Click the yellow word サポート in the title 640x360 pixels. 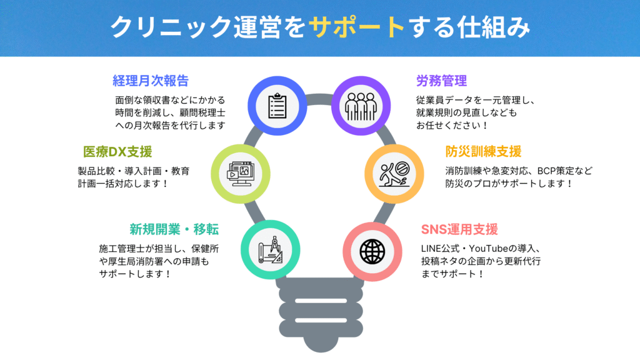tap(357, 27)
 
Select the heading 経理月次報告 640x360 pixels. tap(151, 81)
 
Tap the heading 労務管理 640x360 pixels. tap(441, 81)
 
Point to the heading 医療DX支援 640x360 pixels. tap(117, 152)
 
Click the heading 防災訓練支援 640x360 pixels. tap(483, 152)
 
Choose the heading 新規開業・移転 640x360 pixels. tap(174, 229)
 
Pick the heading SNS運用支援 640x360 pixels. tap(459, 229)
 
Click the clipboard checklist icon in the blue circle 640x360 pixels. tap(277, 106)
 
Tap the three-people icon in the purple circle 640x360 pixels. tap(361, 106)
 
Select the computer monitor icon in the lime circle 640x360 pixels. tap(241, 174)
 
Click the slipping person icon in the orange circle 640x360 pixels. tap(394, 174)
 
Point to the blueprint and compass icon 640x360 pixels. tap(270, 250)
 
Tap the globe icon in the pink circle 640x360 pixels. tap(372, 252)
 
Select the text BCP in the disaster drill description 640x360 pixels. tap(546, 171)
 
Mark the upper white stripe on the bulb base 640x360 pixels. tap(321, 301)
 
